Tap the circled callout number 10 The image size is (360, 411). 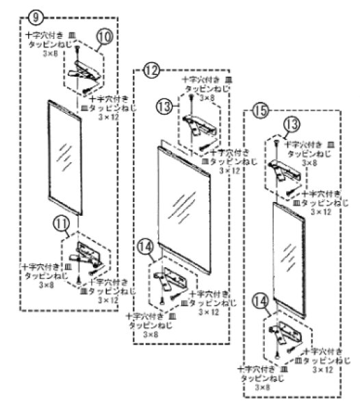pyautogui.click(x=104, y=35)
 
